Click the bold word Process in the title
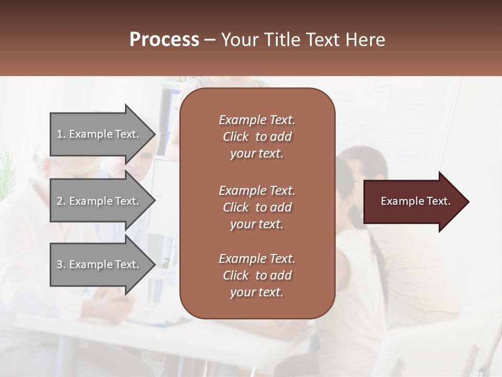tap(164, 40)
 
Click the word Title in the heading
tap(280, 40)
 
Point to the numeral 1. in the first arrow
tap(61, 134)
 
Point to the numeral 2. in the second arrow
tap(61, 201)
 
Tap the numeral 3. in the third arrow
tap(61, 264)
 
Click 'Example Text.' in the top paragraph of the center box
tap(257, 120)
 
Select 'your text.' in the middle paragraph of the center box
tap(257, 224)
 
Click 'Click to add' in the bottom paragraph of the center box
tap(257, 275)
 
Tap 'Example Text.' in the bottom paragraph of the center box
tap(257, 259)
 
